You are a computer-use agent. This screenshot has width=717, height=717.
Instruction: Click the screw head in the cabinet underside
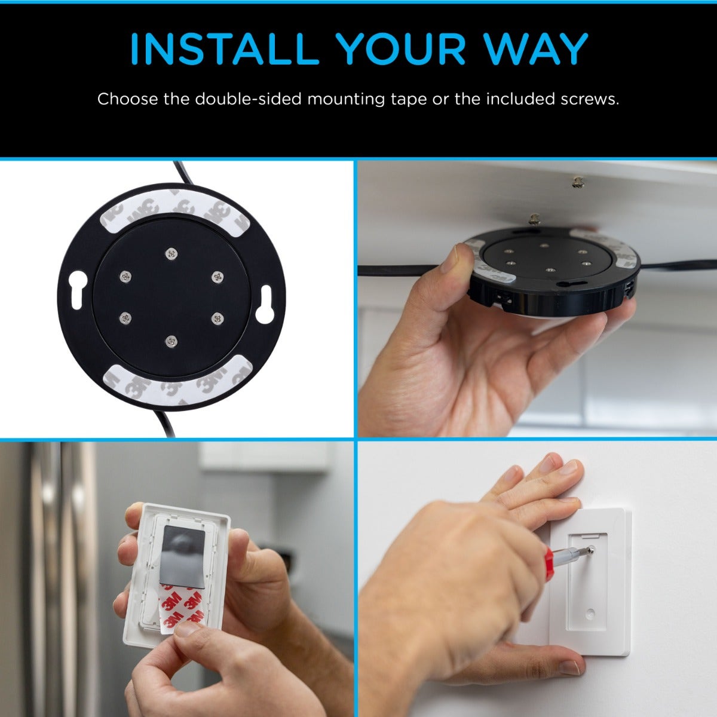(577, 181)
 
